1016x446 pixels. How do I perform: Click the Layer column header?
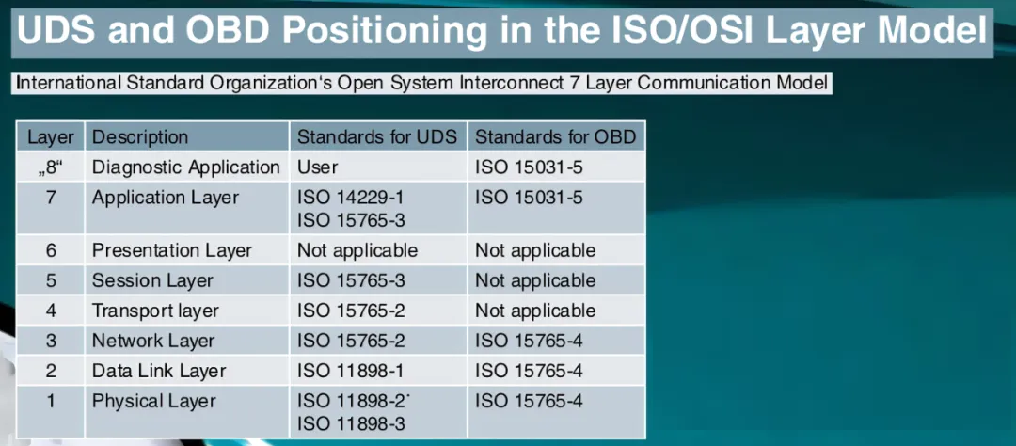(x=51, y=137)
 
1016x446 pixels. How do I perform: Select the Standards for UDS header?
(x=377, y=137)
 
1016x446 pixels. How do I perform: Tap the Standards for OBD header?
(x=555, y=137)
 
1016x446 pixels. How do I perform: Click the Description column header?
(x=140, y=137)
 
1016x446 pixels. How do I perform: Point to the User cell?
(x=318, y=167)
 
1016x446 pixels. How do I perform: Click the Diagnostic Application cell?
(x=186, y=167)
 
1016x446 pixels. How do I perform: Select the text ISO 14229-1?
(x=351, y=197)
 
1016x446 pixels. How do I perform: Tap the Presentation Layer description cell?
(x=172, y=250)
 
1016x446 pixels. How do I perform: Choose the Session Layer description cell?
(x=152, y=280)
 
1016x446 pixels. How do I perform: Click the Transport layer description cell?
(x=155, y=311)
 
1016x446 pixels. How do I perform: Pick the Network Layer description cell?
(x=153, y=341)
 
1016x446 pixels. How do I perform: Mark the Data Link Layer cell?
(x=159, y=371)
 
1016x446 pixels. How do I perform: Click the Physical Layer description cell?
(x=153, y=401)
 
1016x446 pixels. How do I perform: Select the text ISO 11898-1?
(x=351, y=371)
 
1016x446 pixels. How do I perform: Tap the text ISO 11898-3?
(x=351, y=424)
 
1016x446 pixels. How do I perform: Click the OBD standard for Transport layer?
(x=535, y=311)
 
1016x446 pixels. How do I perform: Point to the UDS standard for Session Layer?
(x=351, y=280)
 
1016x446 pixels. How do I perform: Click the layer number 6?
(x=51, y=250)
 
